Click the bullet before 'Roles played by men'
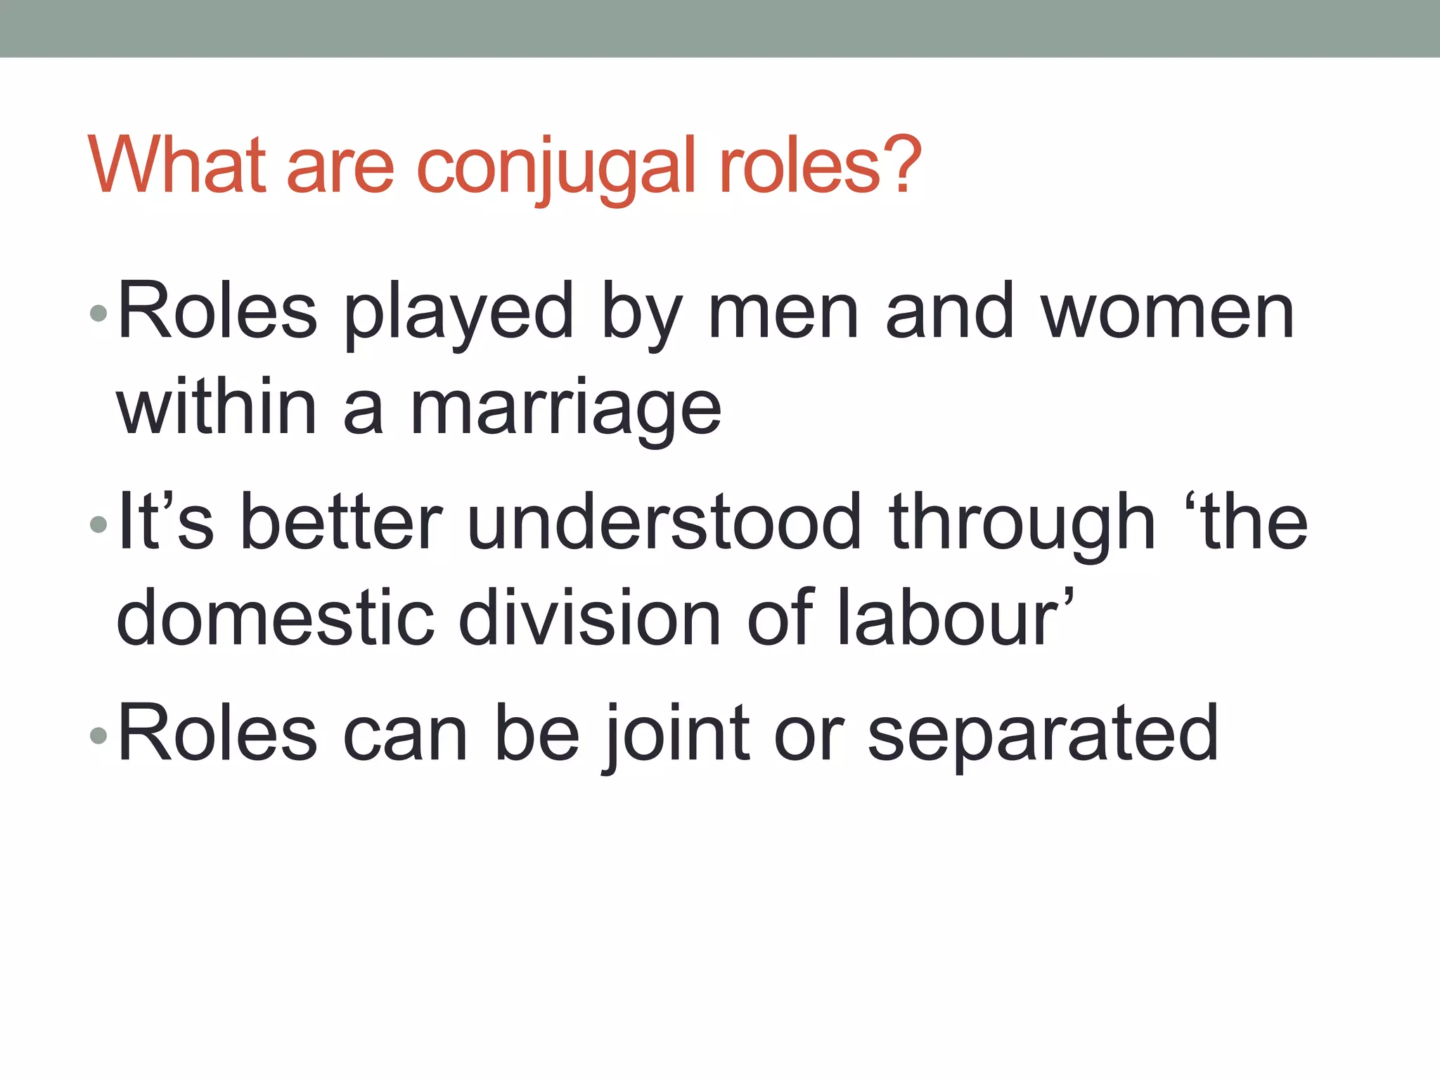point(98,314)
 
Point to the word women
point(1167,314)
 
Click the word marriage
point(565,411)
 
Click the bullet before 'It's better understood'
point(98,525)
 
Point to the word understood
point(664,523)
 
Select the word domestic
point(275,619)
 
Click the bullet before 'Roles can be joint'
point(98,735)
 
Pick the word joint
point(678,734)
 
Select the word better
point(341,523)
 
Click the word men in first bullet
point(783,314)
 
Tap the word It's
point(166,523)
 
